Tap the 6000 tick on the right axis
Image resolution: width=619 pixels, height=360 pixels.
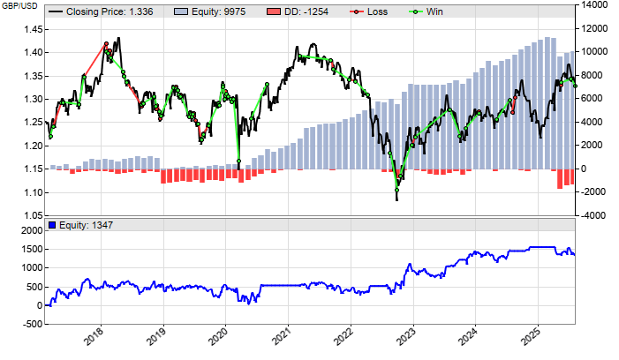593,99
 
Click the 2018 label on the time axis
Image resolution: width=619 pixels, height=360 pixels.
94,336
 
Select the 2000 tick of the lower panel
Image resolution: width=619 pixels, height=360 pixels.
29,230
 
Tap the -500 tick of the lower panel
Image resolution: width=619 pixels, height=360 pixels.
31,325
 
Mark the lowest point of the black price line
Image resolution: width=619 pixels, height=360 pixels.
396,199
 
